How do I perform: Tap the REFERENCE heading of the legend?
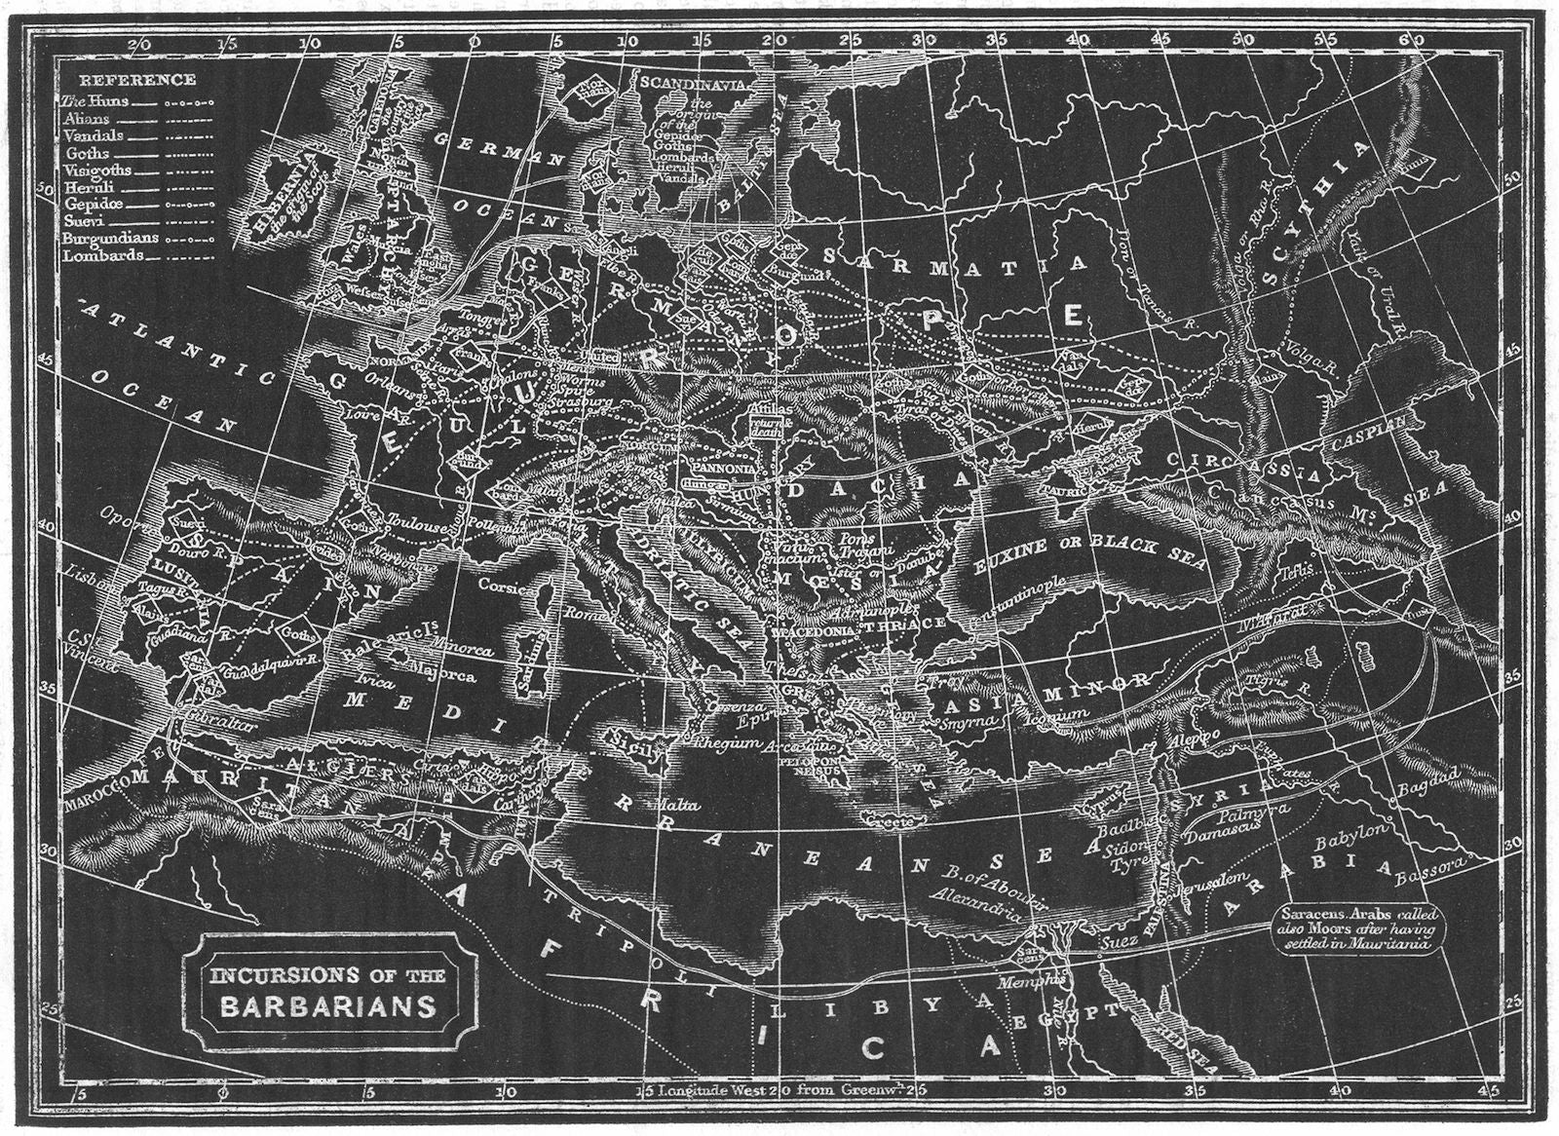click(137, 80)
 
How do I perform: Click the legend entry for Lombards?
click(103, 255)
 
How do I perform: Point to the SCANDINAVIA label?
click(693, 84)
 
